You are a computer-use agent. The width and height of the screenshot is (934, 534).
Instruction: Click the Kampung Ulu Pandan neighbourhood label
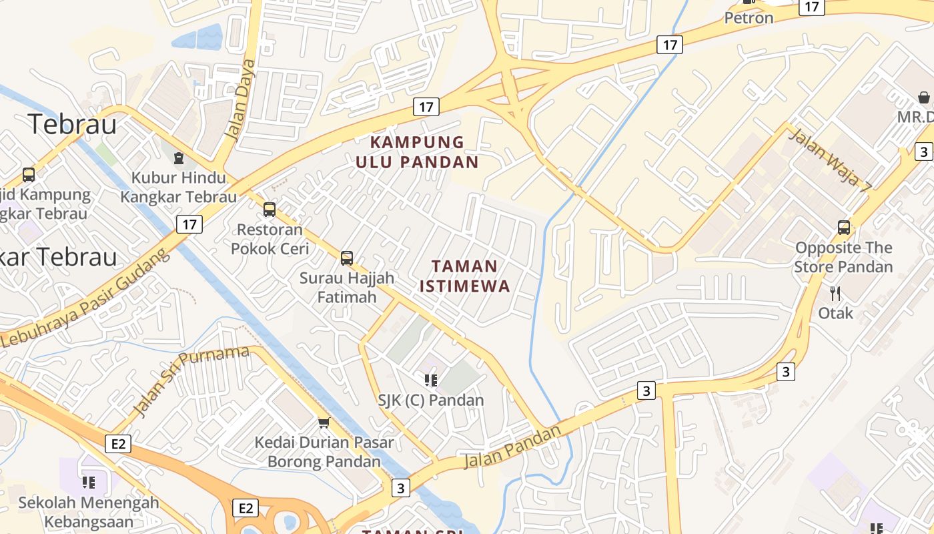(417, 152)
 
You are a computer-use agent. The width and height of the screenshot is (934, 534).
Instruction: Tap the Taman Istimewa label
(464, 276)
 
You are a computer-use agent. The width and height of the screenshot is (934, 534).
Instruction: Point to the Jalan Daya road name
(240, 99)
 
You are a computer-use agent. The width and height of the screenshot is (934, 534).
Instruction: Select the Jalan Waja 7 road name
(830, 160)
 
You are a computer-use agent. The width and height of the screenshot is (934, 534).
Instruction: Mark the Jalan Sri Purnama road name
(191, 380)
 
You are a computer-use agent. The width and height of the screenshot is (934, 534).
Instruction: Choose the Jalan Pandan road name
(512, 447)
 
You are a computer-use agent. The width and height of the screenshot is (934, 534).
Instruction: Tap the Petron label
(749, 18)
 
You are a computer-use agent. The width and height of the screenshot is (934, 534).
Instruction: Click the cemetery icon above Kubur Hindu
(178, 158)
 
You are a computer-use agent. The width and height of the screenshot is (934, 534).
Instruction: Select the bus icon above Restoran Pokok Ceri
(270, 210)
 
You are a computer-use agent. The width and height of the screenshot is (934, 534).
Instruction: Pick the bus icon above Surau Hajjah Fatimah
(347, 258)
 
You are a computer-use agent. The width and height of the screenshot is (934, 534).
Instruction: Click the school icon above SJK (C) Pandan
(431, 380)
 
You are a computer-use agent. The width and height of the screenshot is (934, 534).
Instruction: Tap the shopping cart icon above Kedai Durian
(324, 423)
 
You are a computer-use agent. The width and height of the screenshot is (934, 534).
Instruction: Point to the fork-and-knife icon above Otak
(835, 293)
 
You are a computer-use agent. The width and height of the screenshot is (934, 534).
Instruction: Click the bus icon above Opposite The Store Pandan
(844, 228)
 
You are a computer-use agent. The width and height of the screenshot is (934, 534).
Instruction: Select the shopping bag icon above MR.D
(924, 97)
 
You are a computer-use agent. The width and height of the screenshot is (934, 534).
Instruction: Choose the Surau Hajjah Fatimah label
(347, 287)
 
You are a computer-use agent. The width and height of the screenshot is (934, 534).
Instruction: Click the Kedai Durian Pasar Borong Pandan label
(324, 452)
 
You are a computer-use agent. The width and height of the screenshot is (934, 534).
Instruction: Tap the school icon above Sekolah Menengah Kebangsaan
(89, 482)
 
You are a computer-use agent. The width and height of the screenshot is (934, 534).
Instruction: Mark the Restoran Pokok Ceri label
(270, 239)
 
